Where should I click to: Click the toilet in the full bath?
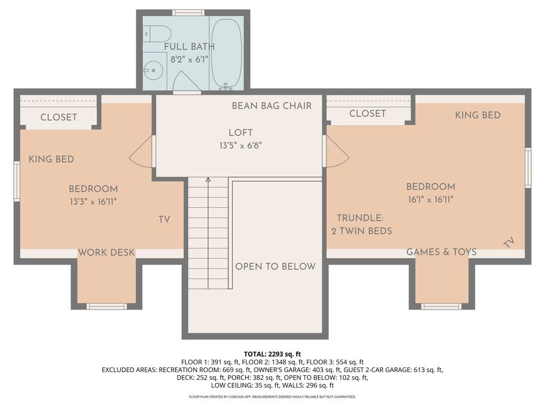pos(157,34)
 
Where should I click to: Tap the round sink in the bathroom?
pos(153,70)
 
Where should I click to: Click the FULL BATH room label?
pos(190,47)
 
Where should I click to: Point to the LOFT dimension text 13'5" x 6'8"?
pos(240,145)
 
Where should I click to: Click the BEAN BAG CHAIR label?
pos(272,106)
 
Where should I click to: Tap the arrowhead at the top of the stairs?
pos(208,180)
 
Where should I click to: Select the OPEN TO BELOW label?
pos(275,266)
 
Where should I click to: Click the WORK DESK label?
pos(106,253)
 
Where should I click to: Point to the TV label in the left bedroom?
pos(165,220)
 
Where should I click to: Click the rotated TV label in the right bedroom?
pos(509,243)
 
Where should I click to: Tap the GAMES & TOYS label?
pos(442,252)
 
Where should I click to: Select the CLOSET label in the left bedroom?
pos(59,117)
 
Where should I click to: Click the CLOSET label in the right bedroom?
pos(367,113)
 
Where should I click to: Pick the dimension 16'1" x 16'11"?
pos(431,200)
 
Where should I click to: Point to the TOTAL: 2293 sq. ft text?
pos(272,354)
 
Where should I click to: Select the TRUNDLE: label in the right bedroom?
pos(360,218)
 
